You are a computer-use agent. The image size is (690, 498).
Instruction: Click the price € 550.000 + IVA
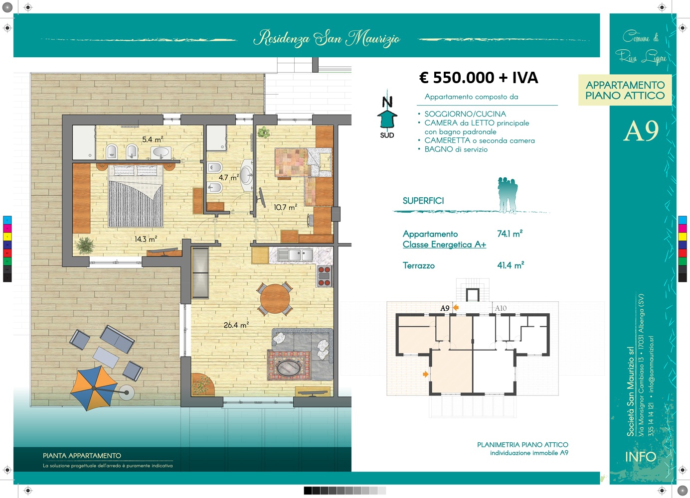pyautogui.click(x=479, y=77)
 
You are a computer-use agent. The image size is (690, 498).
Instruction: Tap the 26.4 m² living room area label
pyautogui.click(x=236, y=325)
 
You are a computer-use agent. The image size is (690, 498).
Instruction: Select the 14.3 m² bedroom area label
pyautogui.click(x=146, y=239)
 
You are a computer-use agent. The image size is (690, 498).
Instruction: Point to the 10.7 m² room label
pyautogui.click(x=286, y=207)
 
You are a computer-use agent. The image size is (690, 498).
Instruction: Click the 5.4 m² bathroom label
pyautogui.click(x=153, y=139)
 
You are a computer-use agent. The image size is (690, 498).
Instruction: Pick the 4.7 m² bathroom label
pyautogui.click(x=229, y=177)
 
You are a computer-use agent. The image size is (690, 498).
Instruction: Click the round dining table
pyautogui.click(x=275, y=299)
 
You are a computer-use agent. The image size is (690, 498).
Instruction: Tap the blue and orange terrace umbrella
pyautogui.click(x=94, y=388)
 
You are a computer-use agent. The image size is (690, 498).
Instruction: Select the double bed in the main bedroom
pyautogui.click(x=136, y=196)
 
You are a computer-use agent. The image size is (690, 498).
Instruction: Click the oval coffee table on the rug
pyautogui.click(x=289, y=367)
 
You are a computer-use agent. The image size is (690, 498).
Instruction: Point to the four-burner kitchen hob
pyautogui.click(x=324, y=276)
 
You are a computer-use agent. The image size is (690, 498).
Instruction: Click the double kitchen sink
pyautogui.click(x=295, y=255)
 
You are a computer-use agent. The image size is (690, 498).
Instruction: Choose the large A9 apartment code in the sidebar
pyautogui.click(x=641, y=131)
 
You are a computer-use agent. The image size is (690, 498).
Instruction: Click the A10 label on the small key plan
pyautogui.click(x=501, y=308)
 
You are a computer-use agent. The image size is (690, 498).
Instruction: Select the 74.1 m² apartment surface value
pyautogui.click(x=510, y=234)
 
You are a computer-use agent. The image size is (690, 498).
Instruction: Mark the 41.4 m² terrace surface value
pyautogui.click(x=511, y=265)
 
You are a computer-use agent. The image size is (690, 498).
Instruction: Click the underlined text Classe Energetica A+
pyautogui.click(x=444, y=245)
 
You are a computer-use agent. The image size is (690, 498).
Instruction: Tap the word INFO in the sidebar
pyautogui.click(x=641, y=457)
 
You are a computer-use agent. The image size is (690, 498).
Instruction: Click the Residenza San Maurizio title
pyautogui.click(x=327, y=39)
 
